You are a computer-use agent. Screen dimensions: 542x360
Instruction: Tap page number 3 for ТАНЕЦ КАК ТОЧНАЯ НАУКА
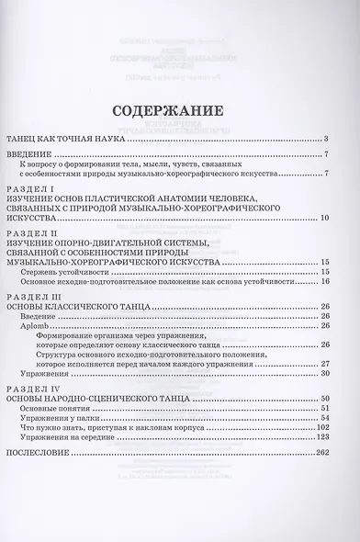tap(326, 139)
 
